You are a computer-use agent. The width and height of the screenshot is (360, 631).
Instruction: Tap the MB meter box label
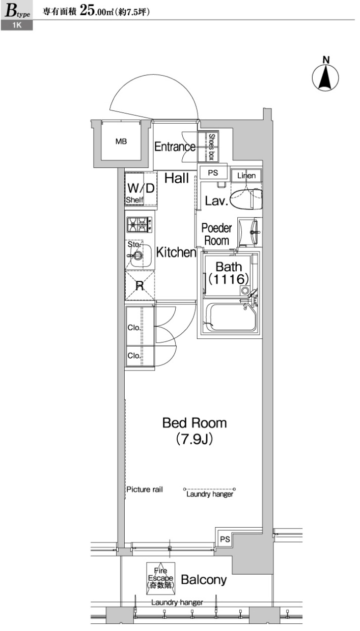121,141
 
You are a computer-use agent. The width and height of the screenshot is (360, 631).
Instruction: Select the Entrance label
175,147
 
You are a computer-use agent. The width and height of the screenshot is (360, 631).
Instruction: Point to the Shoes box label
212,147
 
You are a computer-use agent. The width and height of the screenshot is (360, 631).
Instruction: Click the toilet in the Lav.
246,199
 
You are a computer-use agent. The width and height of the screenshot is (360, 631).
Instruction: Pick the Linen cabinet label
246,176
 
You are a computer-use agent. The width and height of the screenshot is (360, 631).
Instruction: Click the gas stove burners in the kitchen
140,224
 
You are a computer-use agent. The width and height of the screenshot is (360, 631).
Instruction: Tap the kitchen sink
139,255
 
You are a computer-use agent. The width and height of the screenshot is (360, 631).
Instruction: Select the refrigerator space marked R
140,285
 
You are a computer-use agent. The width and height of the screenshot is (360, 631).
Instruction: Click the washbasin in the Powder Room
250,232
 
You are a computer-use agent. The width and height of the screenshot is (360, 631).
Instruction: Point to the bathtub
231,317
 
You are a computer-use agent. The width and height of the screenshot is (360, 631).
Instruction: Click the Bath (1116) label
229,273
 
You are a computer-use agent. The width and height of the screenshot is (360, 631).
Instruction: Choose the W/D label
141,188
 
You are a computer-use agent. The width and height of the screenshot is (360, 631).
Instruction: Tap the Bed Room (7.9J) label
195,431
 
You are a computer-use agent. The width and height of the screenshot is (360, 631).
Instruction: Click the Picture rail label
145,490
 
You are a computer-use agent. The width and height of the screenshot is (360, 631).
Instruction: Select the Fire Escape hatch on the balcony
160,579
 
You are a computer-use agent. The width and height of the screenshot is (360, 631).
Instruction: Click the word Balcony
204,580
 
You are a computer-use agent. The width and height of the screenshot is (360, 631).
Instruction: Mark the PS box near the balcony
225,539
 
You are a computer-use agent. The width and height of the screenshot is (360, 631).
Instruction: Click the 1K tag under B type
17,25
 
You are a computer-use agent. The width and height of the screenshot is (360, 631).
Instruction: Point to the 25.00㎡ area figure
97,11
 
